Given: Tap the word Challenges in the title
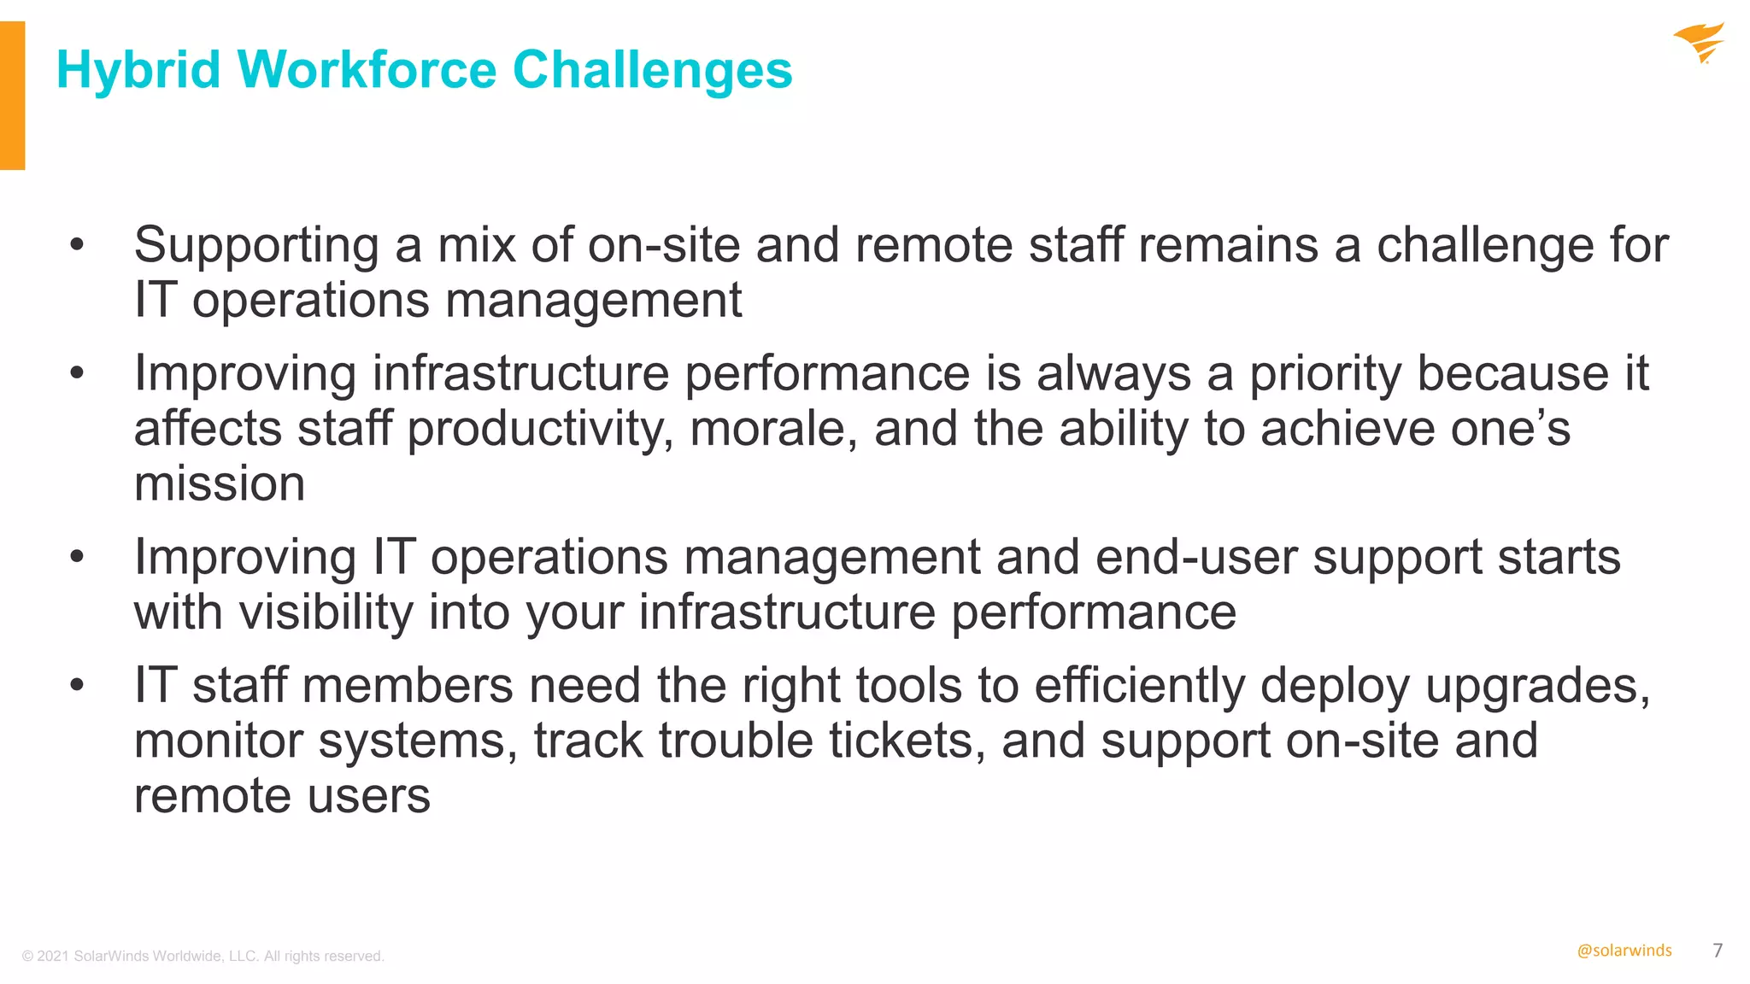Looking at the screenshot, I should [x=652, y=70].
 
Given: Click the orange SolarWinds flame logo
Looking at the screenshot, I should [x=1700, y=43].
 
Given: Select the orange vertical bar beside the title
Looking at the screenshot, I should [x=12, y=96].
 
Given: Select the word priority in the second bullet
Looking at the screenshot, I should [x=1325, y=375].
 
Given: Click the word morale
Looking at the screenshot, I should [x=772, y=429].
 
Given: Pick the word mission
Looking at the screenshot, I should [x=220, y=484].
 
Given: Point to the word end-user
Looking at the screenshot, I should [x=1195, y=558].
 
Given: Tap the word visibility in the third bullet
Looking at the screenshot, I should [x=326, y=613].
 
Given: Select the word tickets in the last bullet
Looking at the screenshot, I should [x=907, y=741].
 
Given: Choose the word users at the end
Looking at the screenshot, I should [x=368, y=796].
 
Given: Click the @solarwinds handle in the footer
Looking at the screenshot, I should [x=1624, y=951].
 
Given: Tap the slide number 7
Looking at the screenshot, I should [x=1718, y=951].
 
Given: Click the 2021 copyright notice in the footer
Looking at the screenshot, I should [x=203, y=956].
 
